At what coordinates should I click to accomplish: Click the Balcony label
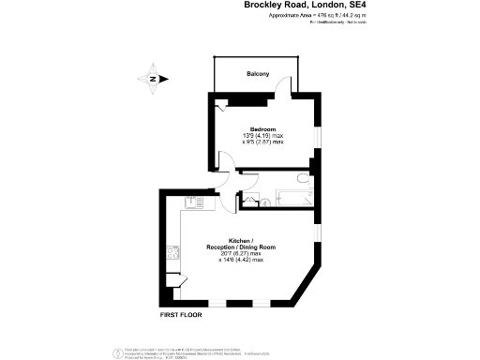[258, 74]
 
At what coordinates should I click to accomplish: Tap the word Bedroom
[262, 128]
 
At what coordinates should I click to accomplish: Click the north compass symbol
[153, 79]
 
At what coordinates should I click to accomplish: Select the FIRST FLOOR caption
[183, 316]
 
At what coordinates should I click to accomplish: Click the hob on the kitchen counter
[172, 251]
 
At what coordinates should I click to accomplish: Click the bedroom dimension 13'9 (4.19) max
[262, 137]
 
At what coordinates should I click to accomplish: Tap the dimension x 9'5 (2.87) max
[262, 143]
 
